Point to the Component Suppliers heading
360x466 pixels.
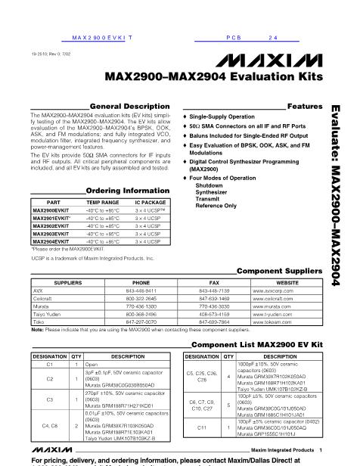(274, 270)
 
